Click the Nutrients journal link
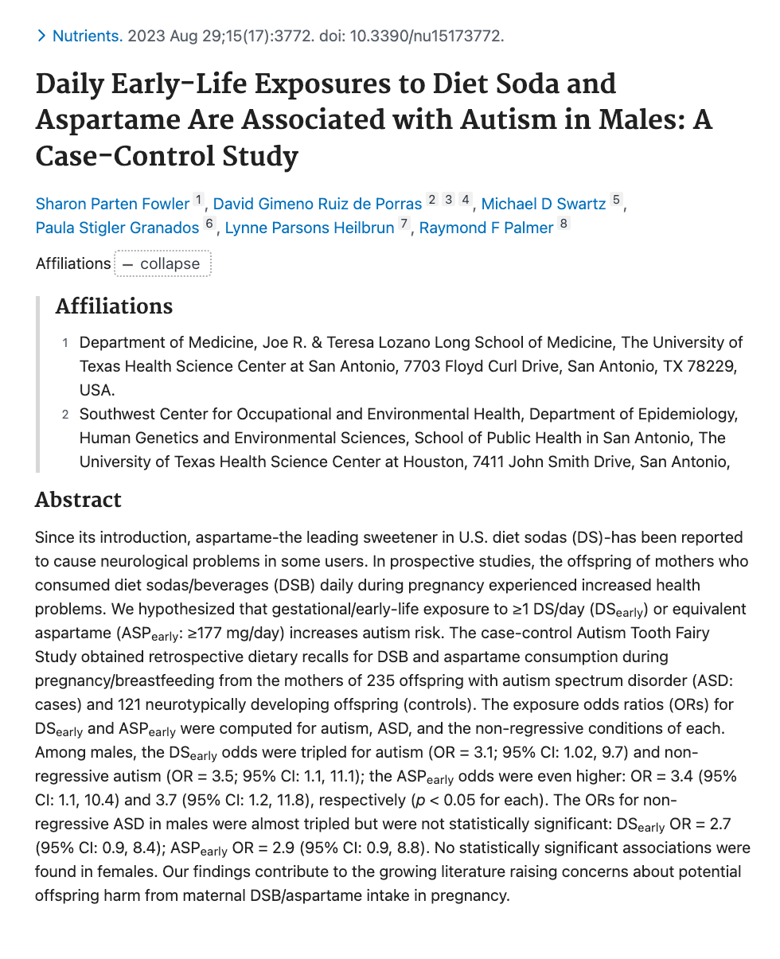pyautogui.click(x=88, y=36)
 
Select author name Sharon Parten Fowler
pyautogui.click(x=112, y=204)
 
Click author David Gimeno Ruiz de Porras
pyautogui.click(x=318, y=204)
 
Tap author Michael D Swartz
pyautogui.click(x=544, y=204)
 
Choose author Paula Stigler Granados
pyautogui.click(x=117, y=228)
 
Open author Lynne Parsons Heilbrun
pyautogui.click(x=310, y=228)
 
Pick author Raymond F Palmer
pyautogui.click(x=486, y=228)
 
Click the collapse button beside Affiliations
pyautogui.click(x=162, y=263)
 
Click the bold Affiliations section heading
pyautogui.click(x=114, y=306)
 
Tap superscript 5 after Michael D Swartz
pyautogui.click(x=616, y=201)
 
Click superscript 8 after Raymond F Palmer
pyautogui.click(x=564, y=224)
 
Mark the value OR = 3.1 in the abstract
pyautogui.click(x=462, y=752)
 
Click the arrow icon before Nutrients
pyautogui.click(x=41, y=36)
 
